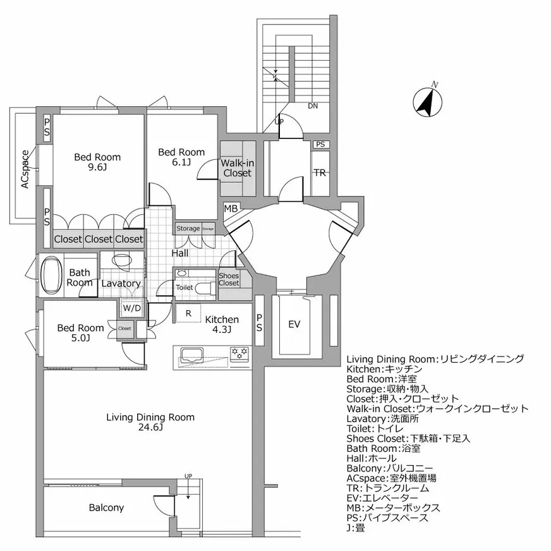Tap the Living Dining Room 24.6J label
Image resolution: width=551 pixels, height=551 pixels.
point(150,422)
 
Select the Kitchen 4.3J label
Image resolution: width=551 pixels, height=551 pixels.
point(221,324)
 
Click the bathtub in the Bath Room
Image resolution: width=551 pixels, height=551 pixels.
point(49,274)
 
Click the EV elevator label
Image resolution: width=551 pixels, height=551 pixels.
point(294,324)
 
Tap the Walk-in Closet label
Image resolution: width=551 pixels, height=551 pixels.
point(237,168)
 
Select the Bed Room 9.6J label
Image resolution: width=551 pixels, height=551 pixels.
point(97,162)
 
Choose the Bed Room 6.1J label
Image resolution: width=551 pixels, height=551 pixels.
point(181,157)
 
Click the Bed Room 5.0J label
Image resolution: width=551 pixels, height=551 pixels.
point(80,333)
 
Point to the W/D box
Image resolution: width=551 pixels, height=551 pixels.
point(132,309)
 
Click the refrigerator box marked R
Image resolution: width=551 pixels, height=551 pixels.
point(188,313)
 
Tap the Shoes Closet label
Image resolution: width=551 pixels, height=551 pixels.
point(229,279)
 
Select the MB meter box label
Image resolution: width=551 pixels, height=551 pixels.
point(231,208)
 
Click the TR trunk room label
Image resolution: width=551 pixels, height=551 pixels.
point(320,173)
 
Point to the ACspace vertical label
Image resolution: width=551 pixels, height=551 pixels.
point(25,169)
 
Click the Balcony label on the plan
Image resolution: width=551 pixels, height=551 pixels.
point(106,507)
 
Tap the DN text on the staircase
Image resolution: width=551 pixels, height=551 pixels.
point(313,106)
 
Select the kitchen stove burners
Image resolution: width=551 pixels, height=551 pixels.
point(239,351)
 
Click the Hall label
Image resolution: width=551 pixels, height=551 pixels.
point(179,253)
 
